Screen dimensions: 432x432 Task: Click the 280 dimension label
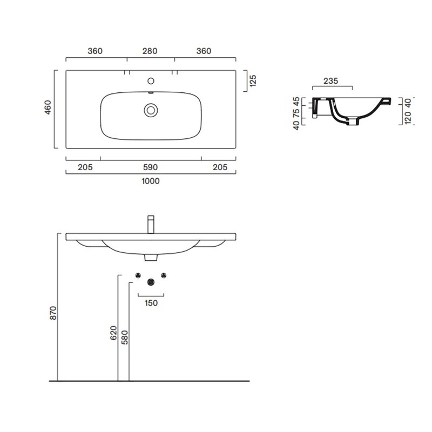(x=150, y=51)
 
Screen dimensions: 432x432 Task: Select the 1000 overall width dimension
(x=151, y=181)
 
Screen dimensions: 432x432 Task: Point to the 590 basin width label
(x=151, y=167)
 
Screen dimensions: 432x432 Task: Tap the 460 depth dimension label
(x=48, y=107)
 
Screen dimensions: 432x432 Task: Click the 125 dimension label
(x=253, y=80)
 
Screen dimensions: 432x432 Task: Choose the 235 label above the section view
(x=330, y=81)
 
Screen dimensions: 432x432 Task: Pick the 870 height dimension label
(x=53, y=313)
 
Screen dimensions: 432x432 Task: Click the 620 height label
(x=113, y=333)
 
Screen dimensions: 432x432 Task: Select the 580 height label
(x=125, y=337)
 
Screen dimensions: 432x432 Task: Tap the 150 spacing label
(x=151, y=303)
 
